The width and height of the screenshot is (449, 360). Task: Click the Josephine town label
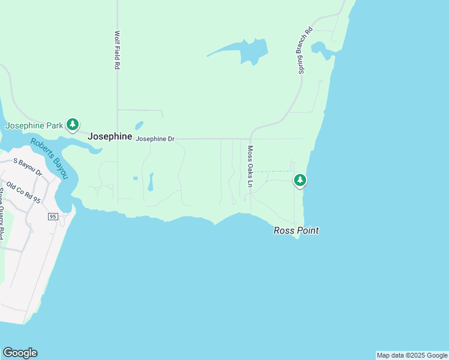(110, 137)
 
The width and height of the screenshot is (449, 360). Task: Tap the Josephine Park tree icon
(73, 125)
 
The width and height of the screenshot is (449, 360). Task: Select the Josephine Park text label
(34, 126)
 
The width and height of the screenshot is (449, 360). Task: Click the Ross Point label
(296, 230)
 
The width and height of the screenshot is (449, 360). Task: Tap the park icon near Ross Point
(300, 180)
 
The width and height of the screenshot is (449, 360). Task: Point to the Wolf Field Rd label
(117, 51)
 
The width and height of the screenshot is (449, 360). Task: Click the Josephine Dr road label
(155, 139)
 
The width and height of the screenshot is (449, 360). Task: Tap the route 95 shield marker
(53, 216)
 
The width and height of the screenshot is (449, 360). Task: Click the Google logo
(20, 353)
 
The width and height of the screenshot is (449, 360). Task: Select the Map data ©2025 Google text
(412, 355)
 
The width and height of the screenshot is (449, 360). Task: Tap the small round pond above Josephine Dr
(139, 126)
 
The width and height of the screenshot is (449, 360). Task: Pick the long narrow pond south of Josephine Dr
(150, 182)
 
